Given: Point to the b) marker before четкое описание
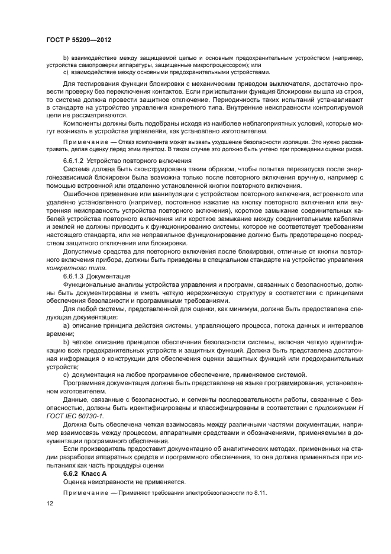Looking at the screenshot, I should (66, 342).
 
